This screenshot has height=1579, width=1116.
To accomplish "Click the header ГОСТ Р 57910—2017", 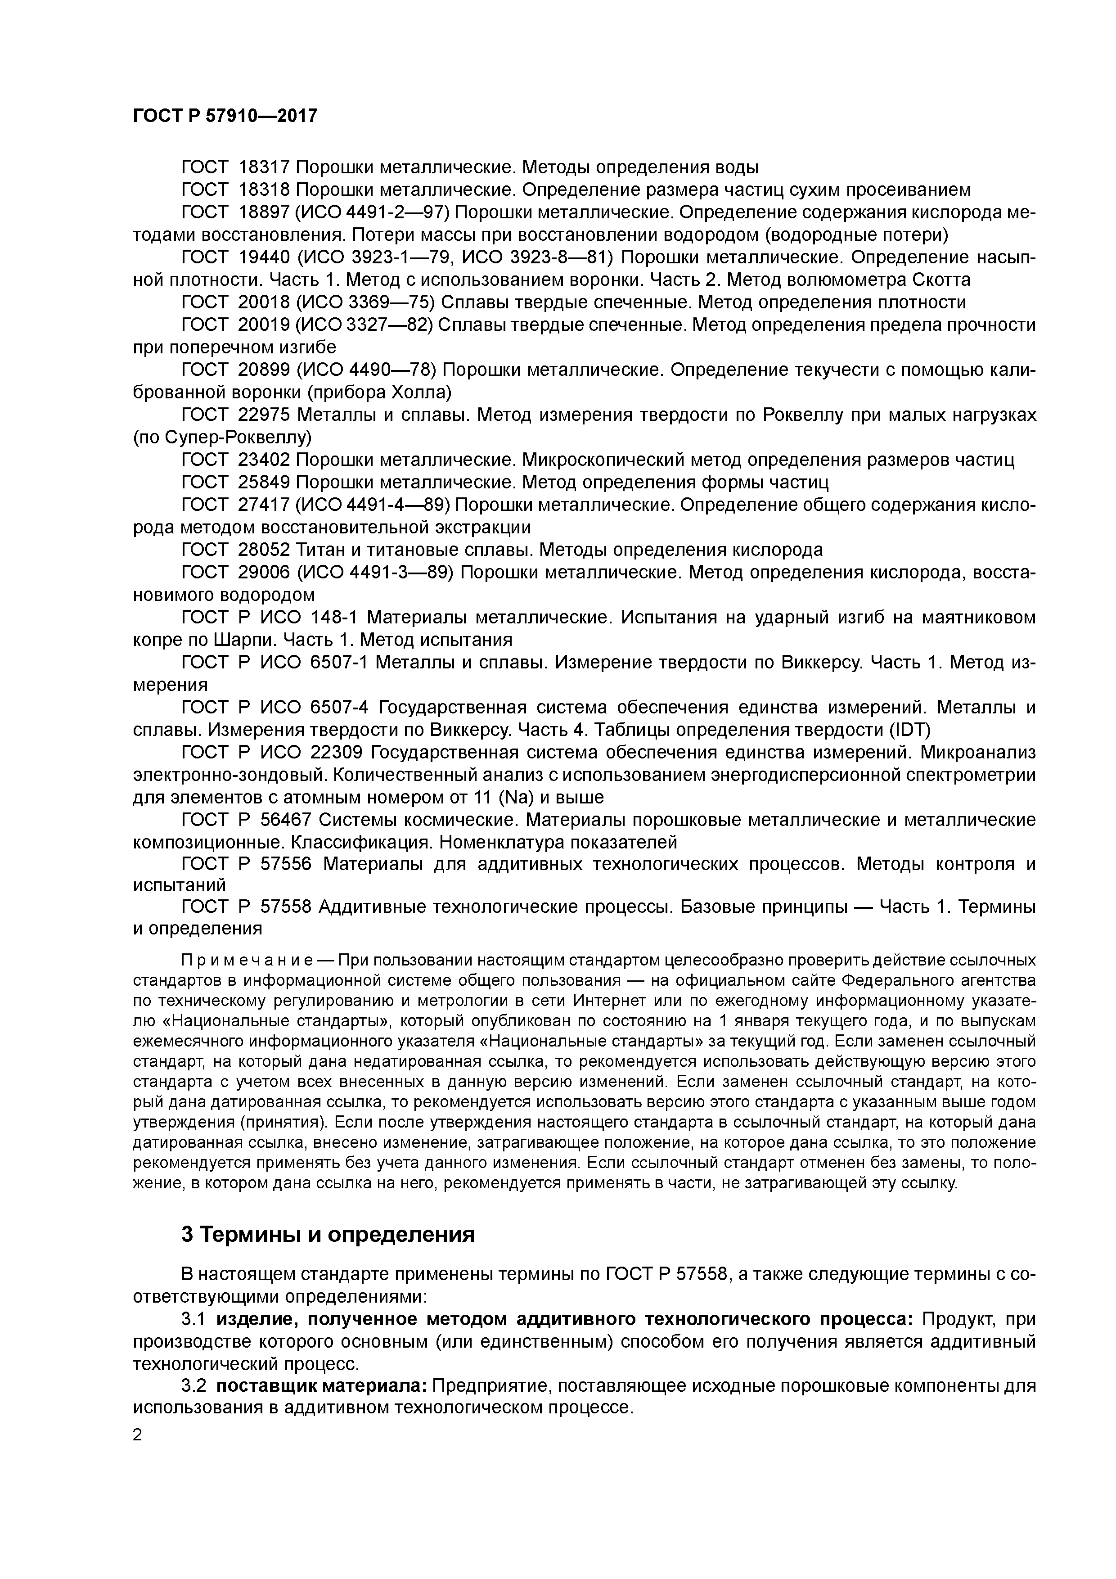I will coord(225,116).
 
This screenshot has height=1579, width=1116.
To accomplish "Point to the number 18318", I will coord(265,190).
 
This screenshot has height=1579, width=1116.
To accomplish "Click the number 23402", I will coord(265,460).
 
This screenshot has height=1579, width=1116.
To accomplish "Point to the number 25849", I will coord(265,482).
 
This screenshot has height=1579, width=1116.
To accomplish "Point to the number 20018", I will coord(265,302).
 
